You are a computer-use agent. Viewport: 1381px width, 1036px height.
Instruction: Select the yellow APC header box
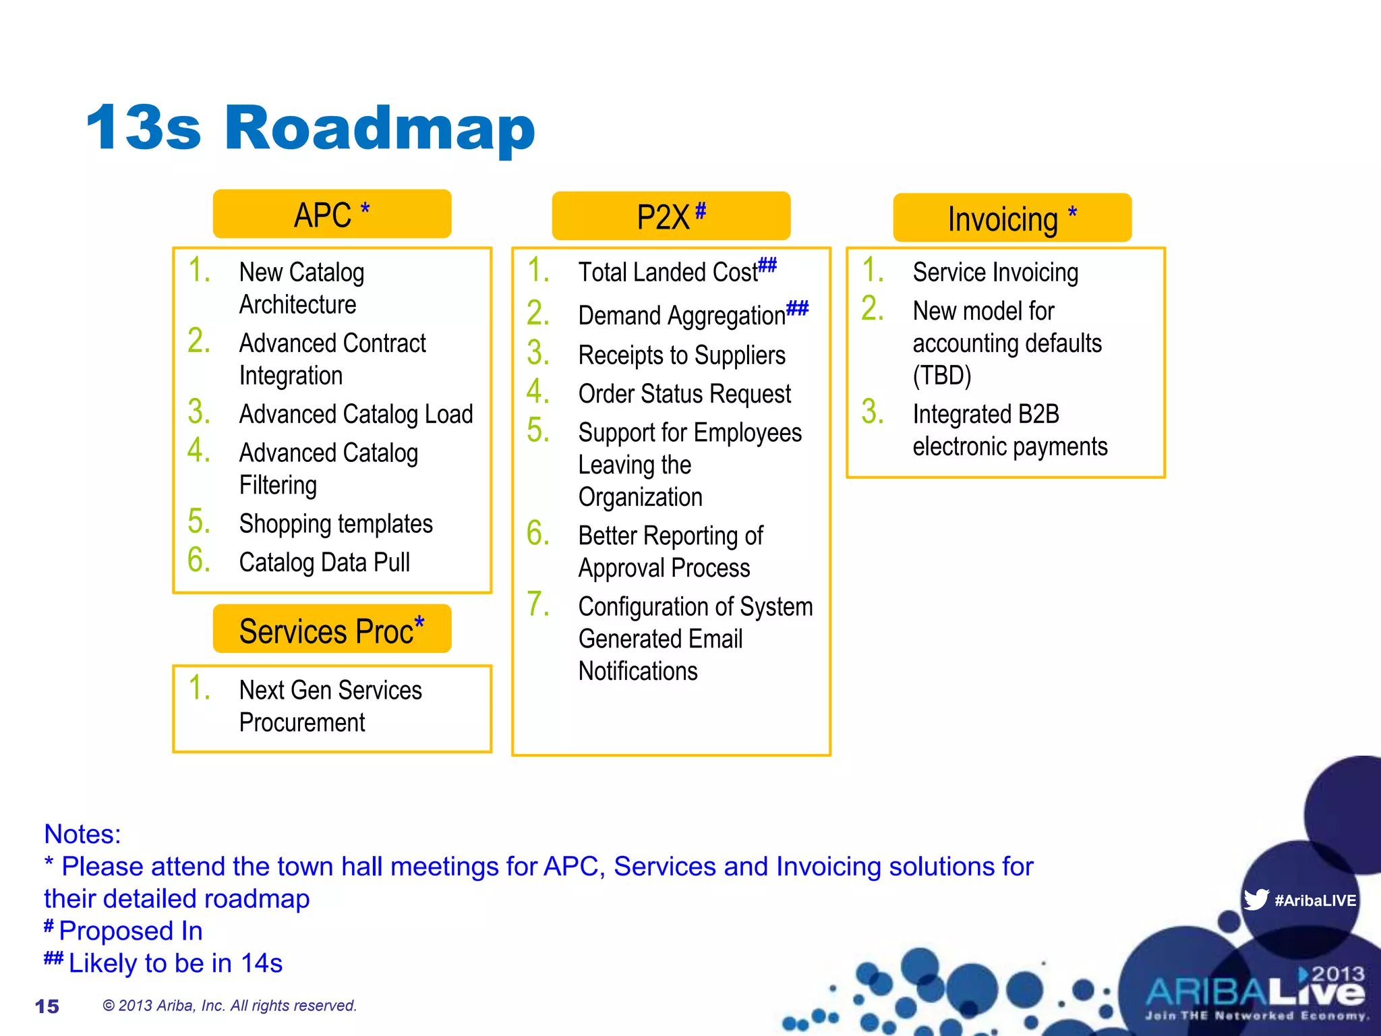click(x=332, y=214)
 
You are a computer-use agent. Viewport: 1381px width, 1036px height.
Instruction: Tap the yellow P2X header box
click(x=670, y=216)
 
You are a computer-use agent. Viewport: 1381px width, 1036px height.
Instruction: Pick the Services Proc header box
click(x=332, y=630)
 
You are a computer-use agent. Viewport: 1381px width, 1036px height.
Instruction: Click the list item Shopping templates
click(x=336, y=524)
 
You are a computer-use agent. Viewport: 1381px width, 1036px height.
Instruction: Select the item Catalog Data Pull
click(x=324, y=563)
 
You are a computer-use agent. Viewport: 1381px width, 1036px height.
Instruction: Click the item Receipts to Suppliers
click(x=682, y=355)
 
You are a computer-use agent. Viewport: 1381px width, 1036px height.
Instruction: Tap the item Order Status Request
click(x=684, y=394)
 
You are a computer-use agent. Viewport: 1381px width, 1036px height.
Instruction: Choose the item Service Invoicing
click(x=995, y=272)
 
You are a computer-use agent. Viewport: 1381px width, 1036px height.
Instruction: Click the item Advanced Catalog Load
click(x=356, y=414)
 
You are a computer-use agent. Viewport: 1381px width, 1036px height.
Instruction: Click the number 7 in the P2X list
click(x=537, y=604)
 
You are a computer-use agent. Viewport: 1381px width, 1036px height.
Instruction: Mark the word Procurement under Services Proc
click(x=302, y=723)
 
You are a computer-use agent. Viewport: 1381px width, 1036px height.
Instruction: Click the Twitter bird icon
click(x=1256, y=900)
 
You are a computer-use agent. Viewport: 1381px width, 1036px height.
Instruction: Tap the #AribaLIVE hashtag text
click(x=1315, y=900)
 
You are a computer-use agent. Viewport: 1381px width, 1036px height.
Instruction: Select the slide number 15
click(x=47, y=1006)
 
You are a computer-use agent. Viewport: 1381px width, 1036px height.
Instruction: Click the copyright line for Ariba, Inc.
click(x=229, y=1006)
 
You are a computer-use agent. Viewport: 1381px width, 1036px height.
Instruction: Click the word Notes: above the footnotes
click(x=82, y=834)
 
